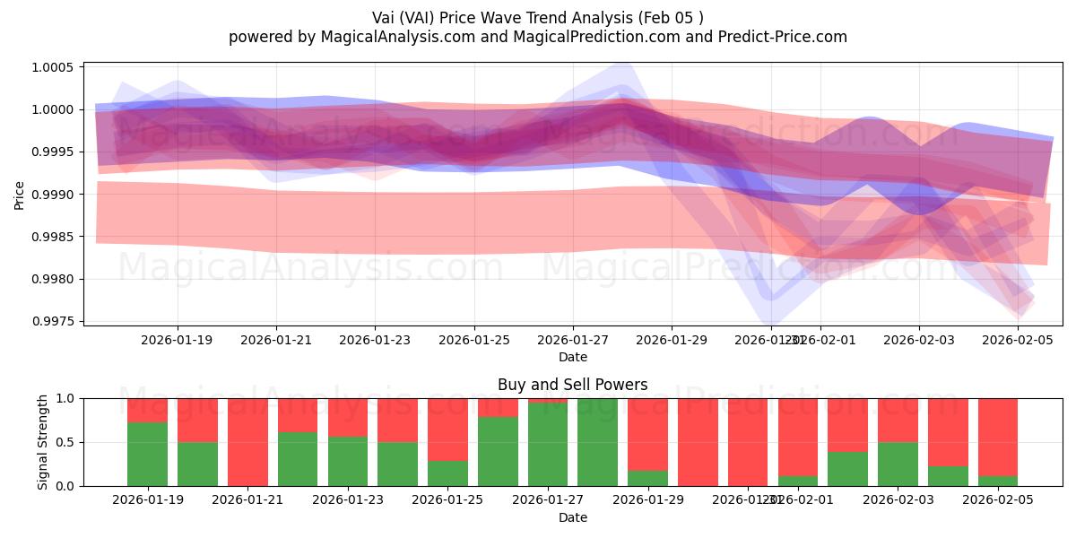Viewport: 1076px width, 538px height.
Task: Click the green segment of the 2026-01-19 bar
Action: click(147, 454)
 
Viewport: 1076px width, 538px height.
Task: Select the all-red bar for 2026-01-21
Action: click(247, 442)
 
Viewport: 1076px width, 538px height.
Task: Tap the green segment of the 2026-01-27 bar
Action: click(548, 444)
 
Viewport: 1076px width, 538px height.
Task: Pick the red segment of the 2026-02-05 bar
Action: click(998, 437)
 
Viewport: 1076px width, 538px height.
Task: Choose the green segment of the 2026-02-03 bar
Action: click(898, 464)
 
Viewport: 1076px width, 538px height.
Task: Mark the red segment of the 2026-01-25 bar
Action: click(447, 429)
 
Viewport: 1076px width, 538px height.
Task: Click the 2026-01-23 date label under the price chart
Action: click(375, 340)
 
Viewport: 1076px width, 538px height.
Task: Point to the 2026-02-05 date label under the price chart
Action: click(1018, 340)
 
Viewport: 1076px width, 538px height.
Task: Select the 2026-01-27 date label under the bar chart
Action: click(548, 500)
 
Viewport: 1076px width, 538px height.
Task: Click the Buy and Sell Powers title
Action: click(573, 385)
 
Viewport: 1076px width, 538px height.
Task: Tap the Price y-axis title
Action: click(20, 194)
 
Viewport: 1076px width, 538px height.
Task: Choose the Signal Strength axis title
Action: click(43, 442)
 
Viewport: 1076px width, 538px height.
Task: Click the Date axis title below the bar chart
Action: click(573, 517)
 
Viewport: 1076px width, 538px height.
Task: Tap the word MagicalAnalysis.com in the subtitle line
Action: click(391, 37)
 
